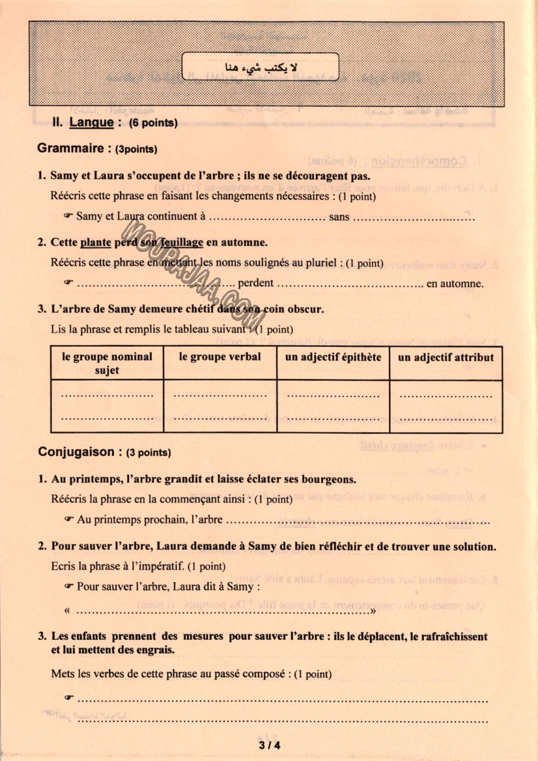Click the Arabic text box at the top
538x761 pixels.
click(x=261, y=66)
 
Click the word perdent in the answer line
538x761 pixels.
click(x=255, y=284)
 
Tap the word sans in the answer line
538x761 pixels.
click(x=339, y=216)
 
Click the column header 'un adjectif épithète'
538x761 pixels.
click(x=333, y=357)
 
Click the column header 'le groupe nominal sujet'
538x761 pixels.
click(x=107, y=363)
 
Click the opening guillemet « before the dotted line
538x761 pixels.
click(x=68, y=611)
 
